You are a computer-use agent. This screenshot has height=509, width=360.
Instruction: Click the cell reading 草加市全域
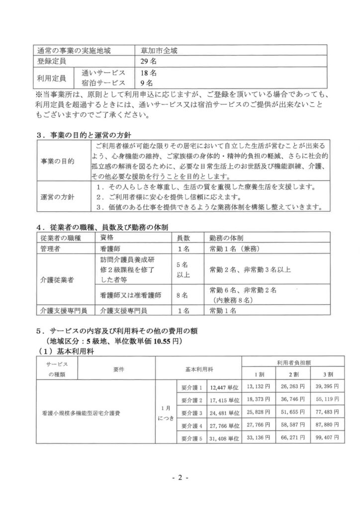(162, 50)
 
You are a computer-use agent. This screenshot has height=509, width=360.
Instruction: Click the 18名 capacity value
(149, 73)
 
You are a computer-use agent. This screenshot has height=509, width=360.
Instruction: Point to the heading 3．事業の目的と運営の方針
(89, 135)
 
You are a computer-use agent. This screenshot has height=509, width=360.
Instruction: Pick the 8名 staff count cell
(182, 295)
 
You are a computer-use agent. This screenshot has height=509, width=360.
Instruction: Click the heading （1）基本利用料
(71, 351)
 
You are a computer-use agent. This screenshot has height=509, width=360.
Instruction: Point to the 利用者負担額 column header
(291, 363)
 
